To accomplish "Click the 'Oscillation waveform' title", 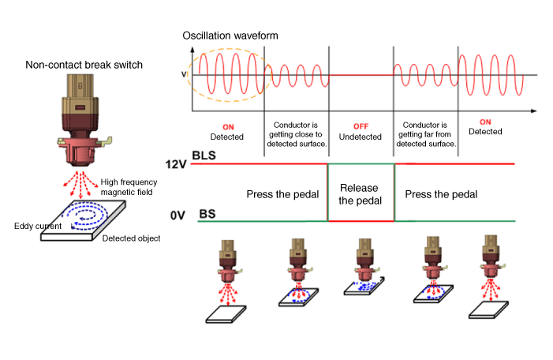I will pos(230,36).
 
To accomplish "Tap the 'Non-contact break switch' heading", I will pos(84,65).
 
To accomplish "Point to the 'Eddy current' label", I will pos(37,226).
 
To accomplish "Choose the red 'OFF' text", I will pos(360,126).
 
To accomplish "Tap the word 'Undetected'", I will pos(360,137).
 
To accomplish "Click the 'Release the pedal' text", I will pos(360,194).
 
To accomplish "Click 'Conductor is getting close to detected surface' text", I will pos(296,135).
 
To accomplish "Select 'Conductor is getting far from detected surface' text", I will pos(425,135).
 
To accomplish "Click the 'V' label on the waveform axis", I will pos(185,75).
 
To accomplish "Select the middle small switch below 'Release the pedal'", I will pos(361,264).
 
